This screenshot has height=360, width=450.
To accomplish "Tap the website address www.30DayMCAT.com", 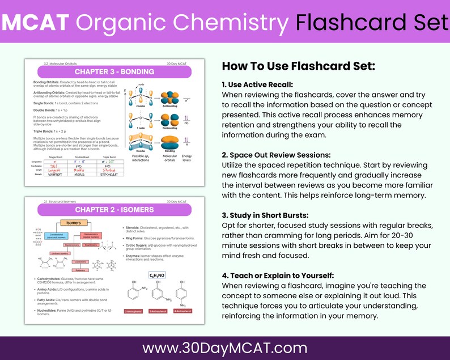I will click(224, 347).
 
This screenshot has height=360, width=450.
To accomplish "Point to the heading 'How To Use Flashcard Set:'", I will click(298, 66).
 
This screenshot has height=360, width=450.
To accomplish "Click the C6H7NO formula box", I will click(157, 275).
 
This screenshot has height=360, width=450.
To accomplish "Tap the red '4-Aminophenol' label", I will click(182, 311).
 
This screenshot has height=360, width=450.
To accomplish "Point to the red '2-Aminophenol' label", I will click(134, 311).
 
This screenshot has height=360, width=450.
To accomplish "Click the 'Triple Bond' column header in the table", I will click(108, 157).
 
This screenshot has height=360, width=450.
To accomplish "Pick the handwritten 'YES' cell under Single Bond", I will click(55, 168).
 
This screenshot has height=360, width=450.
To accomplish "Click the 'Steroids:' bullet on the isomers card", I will click(134, 228).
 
